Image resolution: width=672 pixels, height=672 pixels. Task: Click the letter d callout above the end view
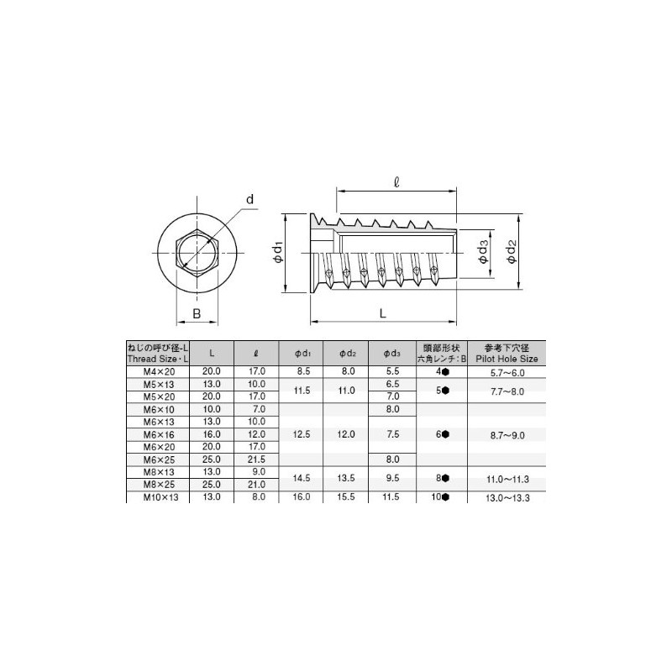click(249, 199)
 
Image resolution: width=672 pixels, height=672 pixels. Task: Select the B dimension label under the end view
click(196, 314)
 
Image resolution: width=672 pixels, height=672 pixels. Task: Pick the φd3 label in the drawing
click(483, 251)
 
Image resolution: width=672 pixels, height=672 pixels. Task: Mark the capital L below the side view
click(383, 312)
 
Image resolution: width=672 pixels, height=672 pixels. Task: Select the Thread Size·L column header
click(157, 353)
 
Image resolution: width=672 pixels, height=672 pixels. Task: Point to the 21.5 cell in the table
click(258, 459)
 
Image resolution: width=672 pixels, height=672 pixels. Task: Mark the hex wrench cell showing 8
click(443, 478)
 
